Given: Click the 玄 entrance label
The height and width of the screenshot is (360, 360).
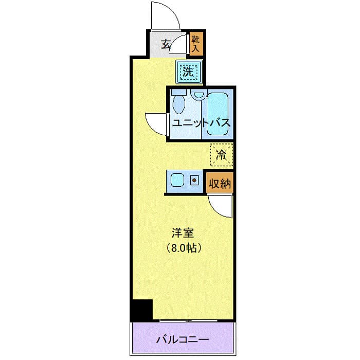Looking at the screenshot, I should (166, 44).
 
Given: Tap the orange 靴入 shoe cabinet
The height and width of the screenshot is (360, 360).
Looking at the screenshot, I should (196, 44).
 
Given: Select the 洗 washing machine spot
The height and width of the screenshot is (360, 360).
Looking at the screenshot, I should (189, 72).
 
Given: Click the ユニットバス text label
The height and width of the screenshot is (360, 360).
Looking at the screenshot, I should (201, 123).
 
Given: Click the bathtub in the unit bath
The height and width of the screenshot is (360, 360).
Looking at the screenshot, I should (219, 111).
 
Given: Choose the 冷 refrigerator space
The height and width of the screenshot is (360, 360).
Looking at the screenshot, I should (222, 154).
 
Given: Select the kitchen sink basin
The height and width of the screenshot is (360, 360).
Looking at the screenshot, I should (178, 181).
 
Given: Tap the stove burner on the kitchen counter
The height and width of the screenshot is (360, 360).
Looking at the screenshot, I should (195, 181).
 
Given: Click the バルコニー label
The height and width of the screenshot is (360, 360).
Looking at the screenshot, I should (183, 340).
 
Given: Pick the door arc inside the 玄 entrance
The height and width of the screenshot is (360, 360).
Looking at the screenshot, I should (179, 46).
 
